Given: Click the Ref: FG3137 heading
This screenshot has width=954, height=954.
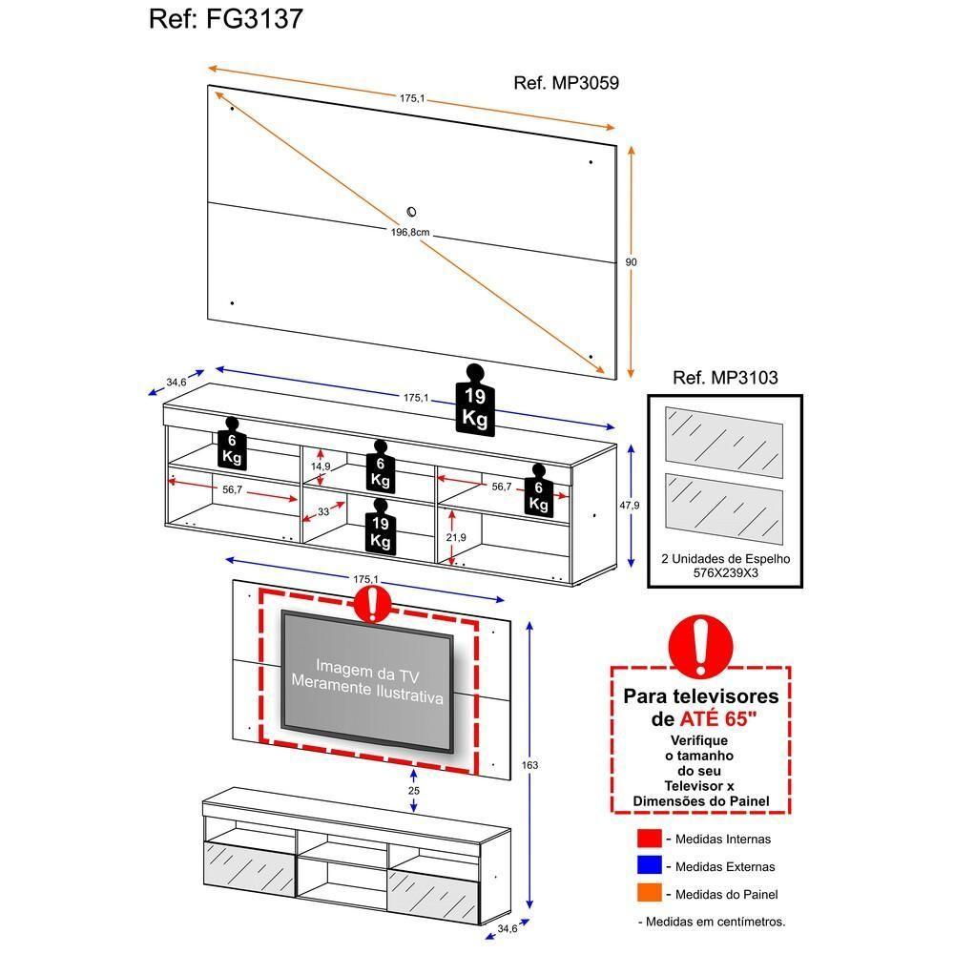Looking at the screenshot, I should coord(226,19).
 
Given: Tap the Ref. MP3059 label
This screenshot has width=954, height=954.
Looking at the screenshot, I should coord(566,83).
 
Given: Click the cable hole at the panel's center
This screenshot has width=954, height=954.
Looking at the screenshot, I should coord(412,212).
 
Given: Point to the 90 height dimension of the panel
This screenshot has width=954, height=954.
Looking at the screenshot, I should coord(631,262).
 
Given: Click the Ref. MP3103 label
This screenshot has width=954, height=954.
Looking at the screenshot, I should coord(725,378).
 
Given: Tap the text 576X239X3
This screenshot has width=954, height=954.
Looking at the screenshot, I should coord(725,575).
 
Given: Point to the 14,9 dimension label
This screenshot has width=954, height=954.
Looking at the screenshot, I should coord(321,466).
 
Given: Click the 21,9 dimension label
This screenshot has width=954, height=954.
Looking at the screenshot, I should coord(456,537).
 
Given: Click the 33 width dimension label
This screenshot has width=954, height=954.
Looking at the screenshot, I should coord(323,512).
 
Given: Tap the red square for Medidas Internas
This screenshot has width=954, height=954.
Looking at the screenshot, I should coord(649,839).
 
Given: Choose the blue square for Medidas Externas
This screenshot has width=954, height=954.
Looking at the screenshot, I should coord(649,866).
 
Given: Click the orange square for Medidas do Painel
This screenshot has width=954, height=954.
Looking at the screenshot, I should coord(649,894).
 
